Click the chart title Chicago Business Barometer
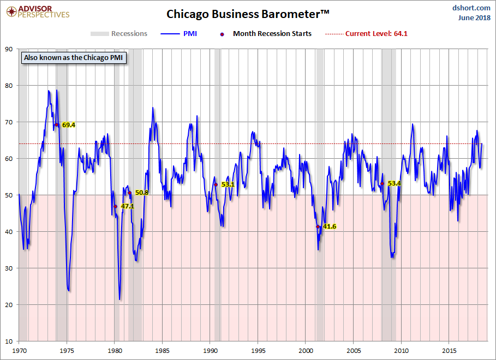point(248,13)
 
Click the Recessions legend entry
point(119,34)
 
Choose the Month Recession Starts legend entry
point(266,34)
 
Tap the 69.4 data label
point(68,125)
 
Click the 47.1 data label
point(127,207)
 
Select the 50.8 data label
point(141,193)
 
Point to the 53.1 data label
point(228,184)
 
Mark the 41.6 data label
point(329,226)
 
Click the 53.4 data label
point(394,184)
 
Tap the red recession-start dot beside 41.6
point(318,226)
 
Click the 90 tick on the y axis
point(9,49)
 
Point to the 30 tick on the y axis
point(9,268)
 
